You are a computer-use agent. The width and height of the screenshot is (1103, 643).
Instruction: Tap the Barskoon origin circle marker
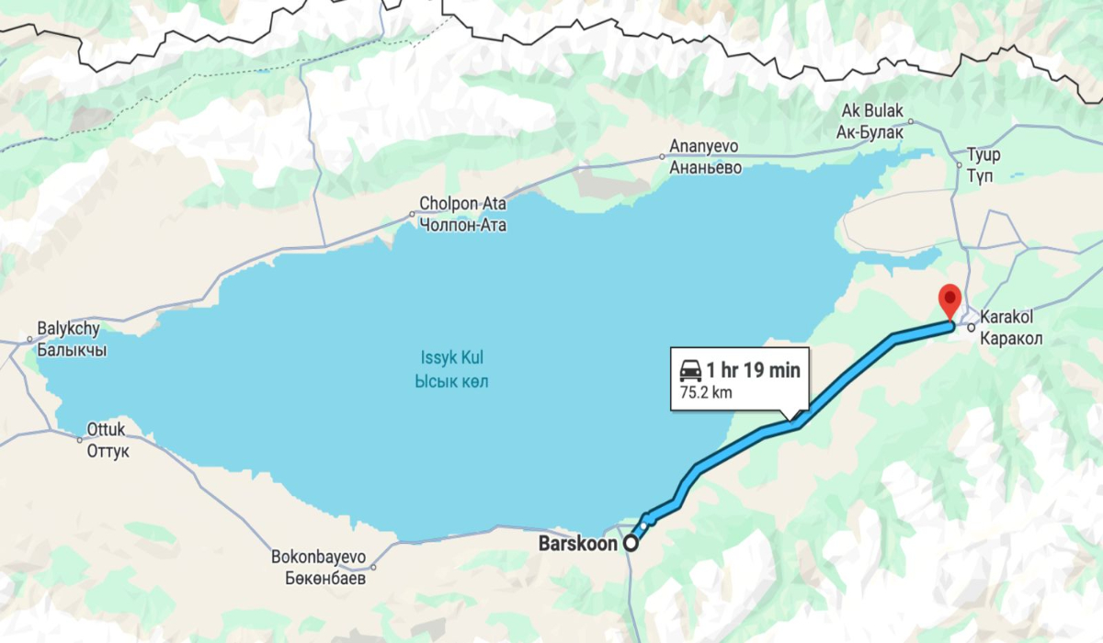[x=631, y=544]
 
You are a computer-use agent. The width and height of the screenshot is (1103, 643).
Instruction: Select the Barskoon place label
[x=577, y=544]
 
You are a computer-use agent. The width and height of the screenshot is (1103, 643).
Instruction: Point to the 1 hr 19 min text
[x=753, y=371]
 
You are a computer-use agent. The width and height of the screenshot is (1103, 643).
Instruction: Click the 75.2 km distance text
[x=706, y=393]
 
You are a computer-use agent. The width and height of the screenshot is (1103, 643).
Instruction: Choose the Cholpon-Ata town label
[x=462, y=214]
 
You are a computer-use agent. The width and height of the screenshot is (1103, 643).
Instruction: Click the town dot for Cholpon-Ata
[x=413, y=215]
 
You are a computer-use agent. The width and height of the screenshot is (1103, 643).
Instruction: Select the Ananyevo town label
[x=705, y=157]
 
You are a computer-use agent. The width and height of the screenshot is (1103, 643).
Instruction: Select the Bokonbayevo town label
[x=319, y=568]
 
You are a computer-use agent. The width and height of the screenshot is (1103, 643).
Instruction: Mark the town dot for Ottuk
[x=80, y=439]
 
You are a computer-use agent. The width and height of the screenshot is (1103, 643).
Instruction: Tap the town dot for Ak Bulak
[x=911, y=120]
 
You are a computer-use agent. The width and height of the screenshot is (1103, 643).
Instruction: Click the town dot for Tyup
[x=959, y=165]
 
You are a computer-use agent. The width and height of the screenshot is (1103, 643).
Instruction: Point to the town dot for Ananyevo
[x=663, y=157]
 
